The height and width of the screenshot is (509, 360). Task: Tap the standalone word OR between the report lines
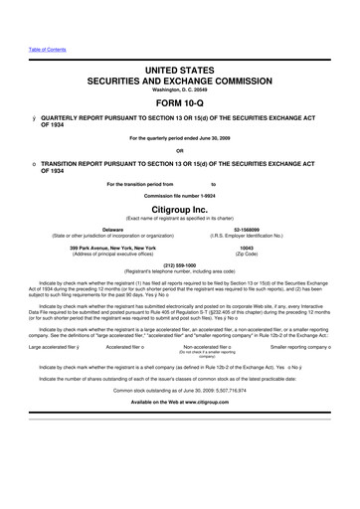180,152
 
